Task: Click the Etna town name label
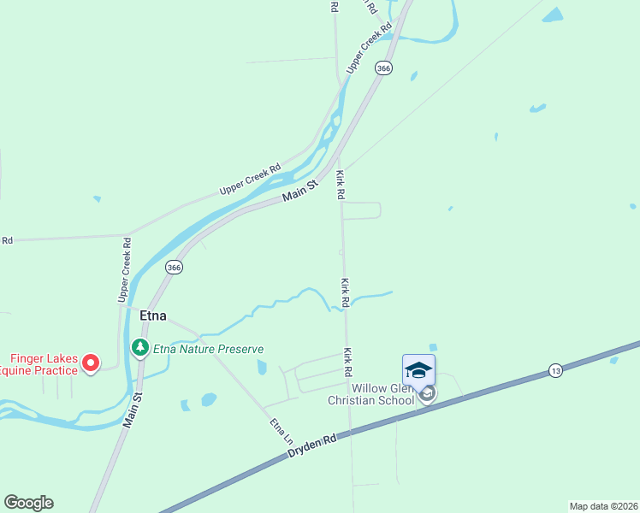tap(151, 315)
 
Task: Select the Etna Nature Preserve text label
tap(208, 349)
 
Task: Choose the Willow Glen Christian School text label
tap(370, 393)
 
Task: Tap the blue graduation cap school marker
tap(418, 370)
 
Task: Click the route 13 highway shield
tap(556, 370)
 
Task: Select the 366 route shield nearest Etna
tap(174, 268)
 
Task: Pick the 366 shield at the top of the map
tap(384, 68)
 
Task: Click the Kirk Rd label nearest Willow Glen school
tap(348, 363)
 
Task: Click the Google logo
tap(28, 503)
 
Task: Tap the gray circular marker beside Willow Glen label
tap(427, 393)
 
